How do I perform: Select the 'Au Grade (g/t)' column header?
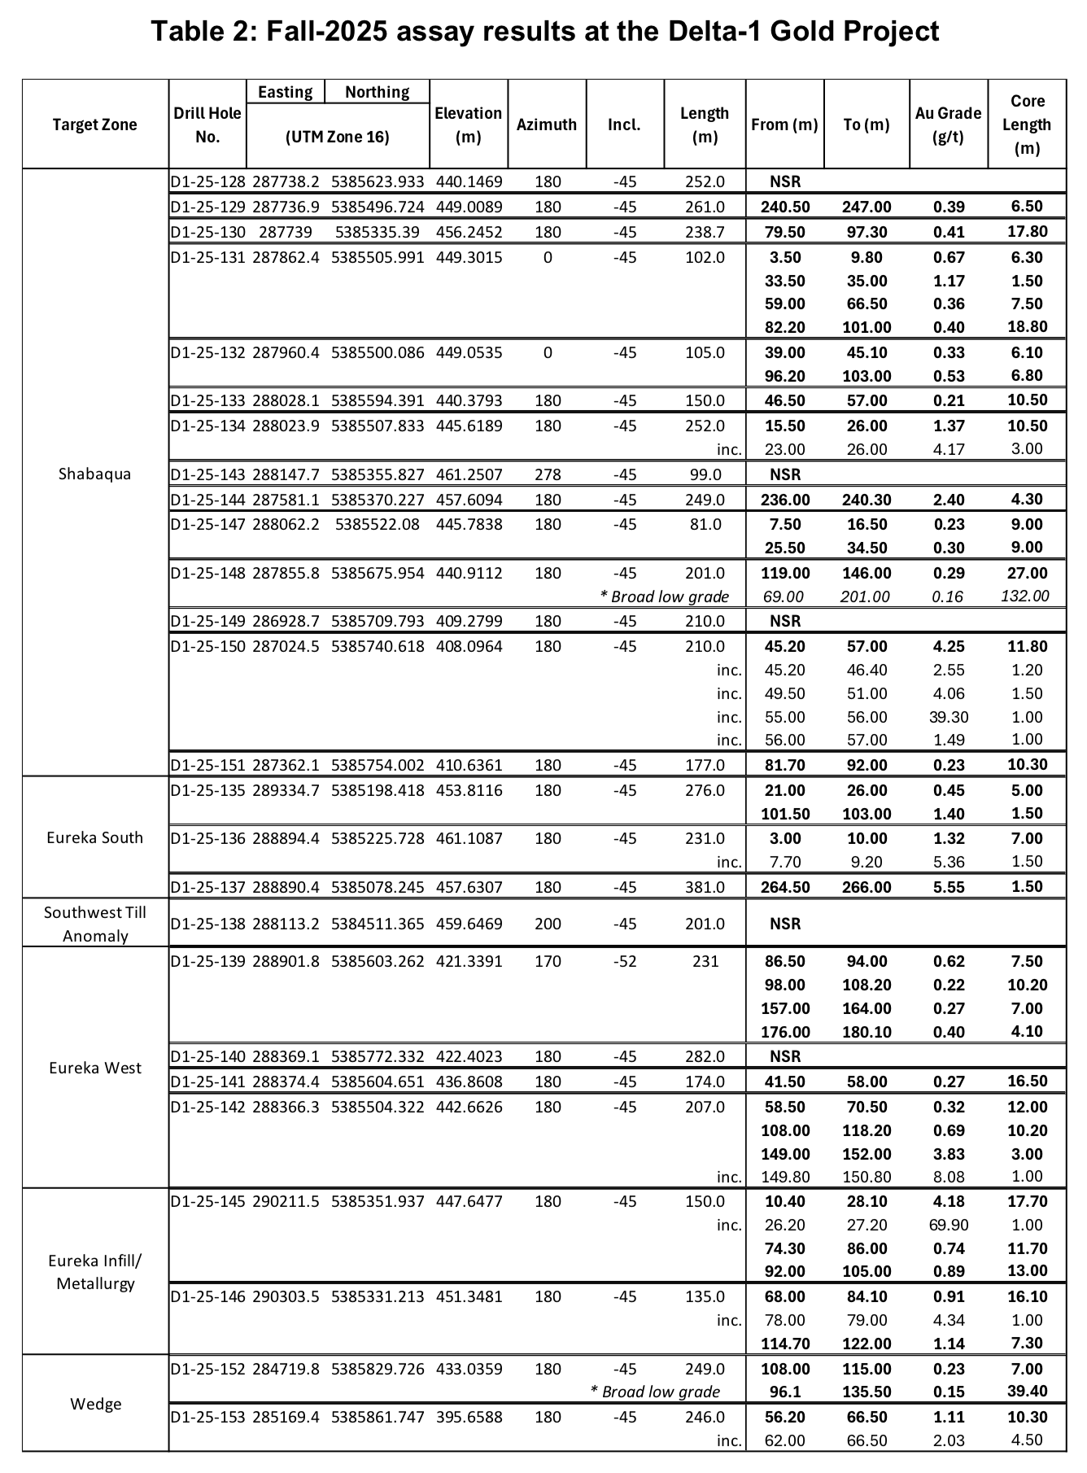(948, 125)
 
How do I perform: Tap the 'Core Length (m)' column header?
(1027, 125)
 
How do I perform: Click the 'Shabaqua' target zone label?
(94, 474)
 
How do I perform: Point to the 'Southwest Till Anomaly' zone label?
(95, 924)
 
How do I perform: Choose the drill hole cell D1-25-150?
(207, 646)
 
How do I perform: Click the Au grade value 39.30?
(948, 717)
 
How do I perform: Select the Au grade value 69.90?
(948, 1225)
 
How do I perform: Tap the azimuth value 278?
(547, 474)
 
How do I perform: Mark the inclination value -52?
(624, 961)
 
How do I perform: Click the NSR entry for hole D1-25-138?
(785, 924)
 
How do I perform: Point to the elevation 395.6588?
(468, 1417)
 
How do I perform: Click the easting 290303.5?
(286, 1296)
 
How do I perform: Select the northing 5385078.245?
(378, 887)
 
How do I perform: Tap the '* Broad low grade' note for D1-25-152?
(655, 1392)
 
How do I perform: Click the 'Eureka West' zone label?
(94, 1068)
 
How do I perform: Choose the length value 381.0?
(705, 887)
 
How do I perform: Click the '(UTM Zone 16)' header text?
(337, 137)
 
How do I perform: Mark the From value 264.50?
(785, 887)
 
